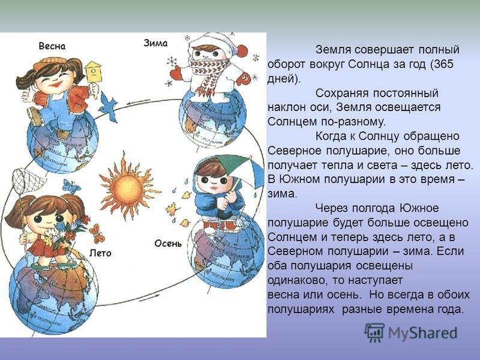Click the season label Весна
coord(52,46)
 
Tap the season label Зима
coord(156,43)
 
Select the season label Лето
coord(100,253)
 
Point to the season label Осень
coord(168,244)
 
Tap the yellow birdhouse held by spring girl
coord(93,72)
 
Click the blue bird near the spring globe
coord(108,106)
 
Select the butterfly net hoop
coord(29,182)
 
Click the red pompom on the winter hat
coord(242,51)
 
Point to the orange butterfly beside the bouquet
coord(97,233)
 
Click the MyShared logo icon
coord(374,333)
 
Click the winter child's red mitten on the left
coord(176,72)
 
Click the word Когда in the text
coord(332,136)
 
